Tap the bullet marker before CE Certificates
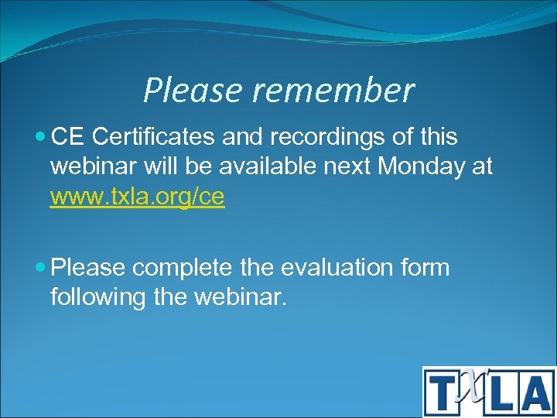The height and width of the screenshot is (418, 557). (40, 137)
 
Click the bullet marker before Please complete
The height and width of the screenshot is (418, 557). (40, 268)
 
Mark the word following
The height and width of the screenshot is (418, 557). (98, 297)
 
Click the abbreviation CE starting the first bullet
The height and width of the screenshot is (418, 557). (67, 137)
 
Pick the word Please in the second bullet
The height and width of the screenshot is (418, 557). (87, 268)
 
